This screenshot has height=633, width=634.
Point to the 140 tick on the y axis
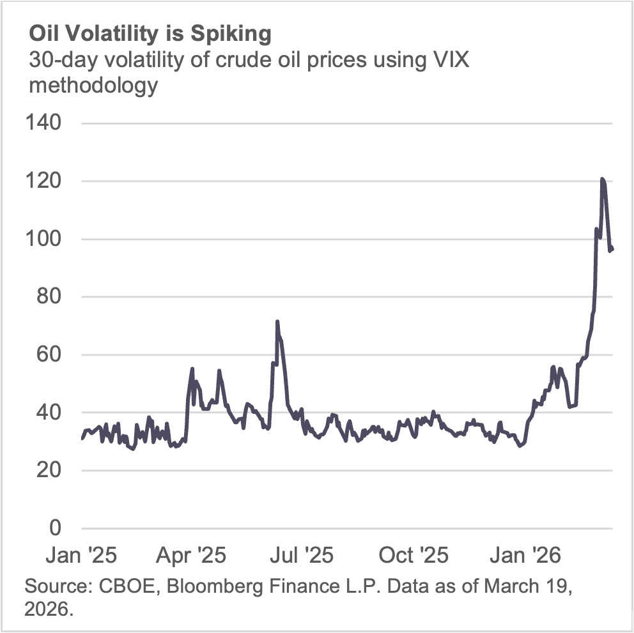point(43,123)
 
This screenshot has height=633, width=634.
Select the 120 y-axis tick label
point(43,181)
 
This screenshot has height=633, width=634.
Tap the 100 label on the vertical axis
point(43,239)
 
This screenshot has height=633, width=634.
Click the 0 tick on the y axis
point(54,528)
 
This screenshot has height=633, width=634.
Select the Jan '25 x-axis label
point(81,555)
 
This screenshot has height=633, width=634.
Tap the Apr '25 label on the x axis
point(190,555)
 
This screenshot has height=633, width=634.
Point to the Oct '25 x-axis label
point(414,555)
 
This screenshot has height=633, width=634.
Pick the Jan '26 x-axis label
point(525,555)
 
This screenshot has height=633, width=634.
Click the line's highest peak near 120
point(602,179)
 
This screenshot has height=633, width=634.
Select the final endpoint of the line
point(612,248)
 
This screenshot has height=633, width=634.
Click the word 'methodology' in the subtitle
point(93,85)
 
